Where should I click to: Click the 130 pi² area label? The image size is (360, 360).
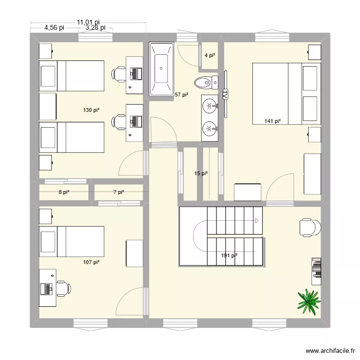91,110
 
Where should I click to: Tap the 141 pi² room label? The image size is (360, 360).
272,121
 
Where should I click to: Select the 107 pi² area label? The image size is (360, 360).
91,262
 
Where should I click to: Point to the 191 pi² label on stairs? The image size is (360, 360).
229,256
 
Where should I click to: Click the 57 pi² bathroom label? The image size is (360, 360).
181,95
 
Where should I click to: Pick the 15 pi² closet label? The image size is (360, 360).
201,174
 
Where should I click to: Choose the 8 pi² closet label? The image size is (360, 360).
64,192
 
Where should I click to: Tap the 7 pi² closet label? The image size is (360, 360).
119,192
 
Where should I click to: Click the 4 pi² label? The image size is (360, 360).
210,56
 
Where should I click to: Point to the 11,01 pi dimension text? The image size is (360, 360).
88,22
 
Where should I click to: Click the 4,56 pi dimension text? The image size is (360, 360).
54,28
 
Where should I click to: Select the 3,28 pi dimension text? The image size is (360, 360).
95,28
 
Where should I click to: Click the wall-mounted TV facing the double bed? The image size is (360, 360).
224,93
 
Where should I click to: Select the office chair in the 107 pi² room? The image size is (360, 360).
62,289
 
